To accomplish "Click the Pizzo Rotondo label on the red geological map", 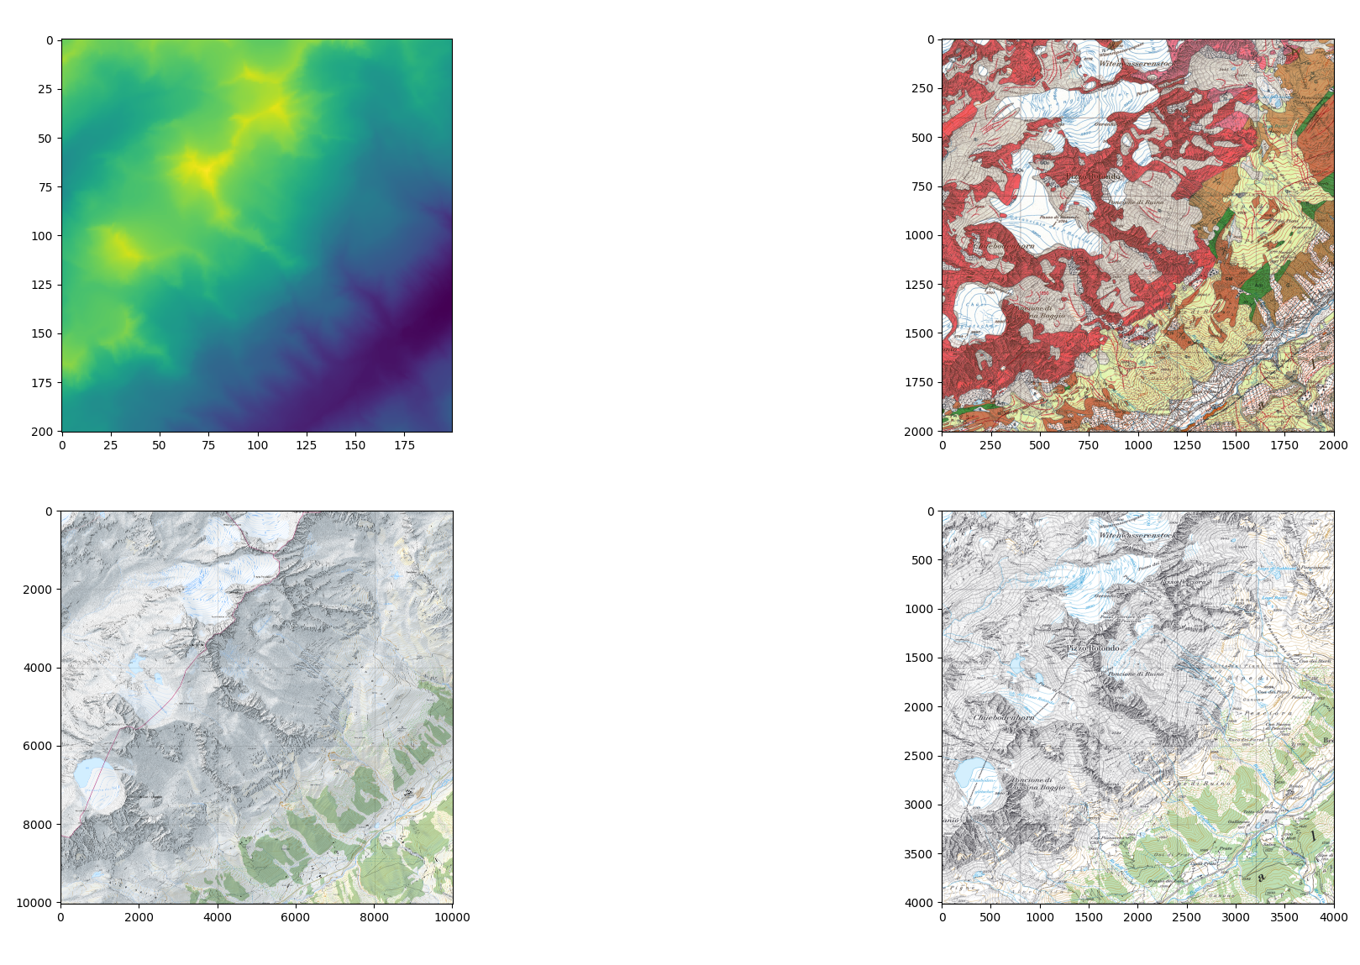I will (x=1093, y=176).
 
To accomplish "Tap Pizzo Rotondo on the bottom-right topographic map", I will (x=1093, y=648).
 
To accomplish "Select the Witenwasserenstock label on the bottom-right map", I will (x=1137, y=535).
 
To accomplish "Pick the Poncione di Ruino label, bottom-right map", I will (x=1136, y=674).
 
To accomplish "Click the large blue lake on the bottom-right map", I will (x=974, y=774).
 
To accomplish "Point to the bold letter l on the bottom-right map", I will (x=1314, y=837).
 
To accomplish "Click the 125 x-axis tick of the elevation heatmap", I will (x=306, y=445).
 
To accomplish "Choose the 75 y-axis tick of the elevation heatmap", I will (x=47, y=187).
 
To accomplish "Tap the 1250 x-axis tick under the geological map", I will (x=1187, y=445).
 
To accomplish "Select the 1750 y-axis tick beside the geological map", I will (x=922, y=382).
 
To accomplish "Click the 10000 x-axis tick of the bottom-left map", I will (x=452, y=917).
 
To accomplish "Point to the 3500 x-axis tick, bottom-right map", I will (x=1285, y=917).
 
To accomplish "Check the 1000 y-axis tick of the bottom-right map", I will (x=921, y=609).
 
